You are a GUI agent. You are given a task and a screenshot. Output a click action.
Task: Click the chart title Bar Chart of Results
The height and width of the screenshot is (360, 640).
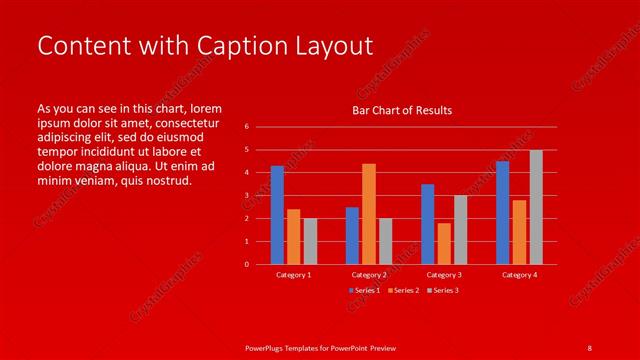[x=402, y=110]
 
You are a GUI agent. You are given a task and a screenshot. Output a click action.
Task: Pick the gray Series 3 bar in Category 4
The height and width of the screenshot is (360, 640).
[x=536, y=207]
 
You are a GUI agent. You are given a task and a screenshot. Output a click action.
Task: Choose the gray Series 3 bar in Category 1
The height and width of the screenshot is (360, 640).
[x=310, y=241]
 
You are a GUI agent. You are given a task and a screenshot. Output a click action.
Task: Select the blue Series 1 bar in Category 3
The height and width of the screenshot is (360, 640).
[x=428, y=224]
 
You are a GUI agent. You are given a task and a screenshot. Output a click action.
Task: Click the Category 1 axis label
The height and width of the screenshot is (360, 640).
[x=294, y=274]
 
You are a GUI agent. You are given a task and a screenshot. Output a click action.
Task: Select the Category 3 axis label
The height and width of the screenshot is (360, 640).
[x=444, y=274]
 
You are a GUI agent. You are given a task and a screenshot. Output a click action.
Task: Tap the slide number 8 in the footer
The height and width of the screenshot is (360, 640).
[x=589, y=347]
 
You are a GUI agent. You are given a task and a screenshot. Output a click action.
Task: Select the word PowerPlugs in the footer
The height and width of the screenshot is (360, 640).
[x=267, y=347]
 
